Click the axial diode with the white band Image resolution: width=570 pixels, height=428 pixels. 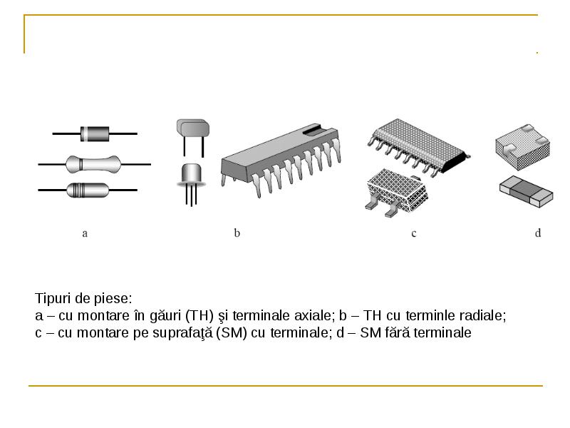[x=95, y=133]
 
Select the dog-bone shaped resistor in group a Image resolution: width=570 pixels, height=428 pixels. [x=93, y=164]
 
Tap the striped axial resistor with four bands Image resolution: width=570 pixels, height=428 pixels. [x=88, y=190]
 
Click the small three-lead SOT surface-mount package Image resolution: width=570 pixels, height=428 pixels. [x=396, y=193]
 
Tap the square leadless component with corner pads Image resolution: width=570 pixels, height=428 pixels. [x=522, y=147]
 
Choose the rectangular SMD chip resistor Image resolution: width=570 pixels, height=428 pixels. [x=526, y=191]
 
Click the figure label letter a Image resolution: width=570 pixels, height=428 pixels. [x=85, y=233]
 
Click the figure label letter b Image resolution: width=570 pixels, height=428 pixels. [x=237, y=233]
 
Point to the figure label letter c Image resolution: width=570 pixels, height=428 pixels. [x=414, y=233]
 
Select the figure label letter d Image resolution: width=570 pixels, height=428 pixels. [x=538, y=233]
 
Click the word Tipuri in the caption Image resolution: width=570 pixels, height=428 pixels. [x=53, y=299]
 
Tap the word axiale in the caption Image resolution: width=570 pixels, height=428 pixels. [x=314, y=315]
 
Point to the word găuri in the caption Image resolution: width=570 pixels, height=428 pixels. [x=165, y=315]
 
